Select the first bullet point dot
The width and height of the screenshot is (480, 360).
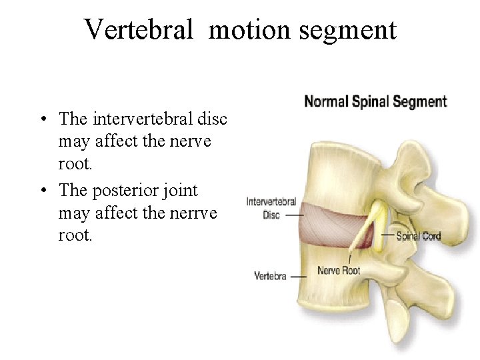point(42,119)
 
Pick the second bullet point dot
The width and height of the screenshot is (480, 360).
point(42,191)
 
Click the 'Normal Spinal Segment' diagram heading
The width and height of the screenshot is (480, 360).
point(375,102)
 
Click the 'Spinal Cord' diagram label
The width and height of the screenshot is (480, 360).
point(418,236)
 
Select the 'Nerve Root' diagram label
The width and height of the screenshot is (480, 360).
point(339,271)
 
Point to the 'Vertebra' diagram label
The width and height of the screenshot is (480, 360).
point(270,275)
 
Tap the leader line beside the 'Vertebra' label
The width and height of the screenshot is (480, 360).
point(298,275)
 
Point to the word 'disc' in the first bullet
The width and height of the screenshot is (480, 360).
point(213,119)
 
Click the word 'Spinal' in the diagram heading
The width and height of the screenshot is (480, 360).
point(369,102)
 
